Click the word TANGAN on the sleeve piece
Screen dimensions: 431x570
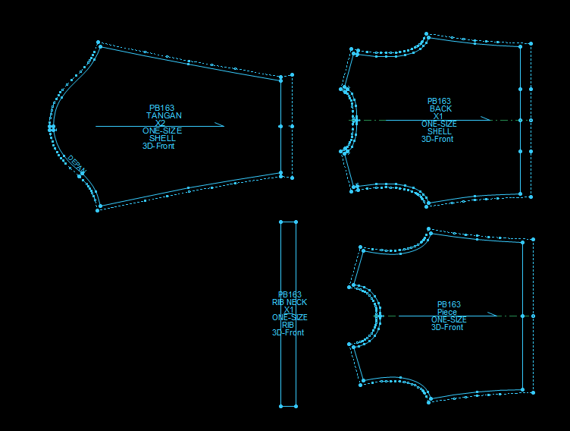point(164,115)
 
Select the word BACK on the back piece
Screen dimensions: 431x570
point(440,109)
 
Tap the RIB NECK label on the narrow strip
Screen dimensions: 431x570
point(290,302)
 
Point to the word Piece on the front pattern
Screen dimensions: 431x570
point(447,312)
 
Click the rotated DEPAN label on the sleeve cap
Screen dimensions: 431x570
point(77,164)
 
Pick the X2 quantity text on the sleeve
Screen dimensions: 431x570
point(160,123)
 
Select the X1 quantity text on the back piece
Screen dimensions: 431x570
point(438,116)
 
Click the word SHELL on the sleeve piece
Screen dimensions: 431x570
point(162,138)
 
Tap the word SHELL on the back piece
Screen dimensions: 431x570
point(439,131)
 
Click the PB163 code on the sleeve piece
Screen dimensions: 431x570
point(161,108)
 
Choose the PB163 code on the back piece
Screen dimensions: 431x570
point(439,101)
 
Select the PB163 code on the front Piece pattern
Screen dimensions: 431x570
point(449,304)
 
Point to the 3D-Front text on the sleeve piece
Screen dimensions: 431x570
point(158,146)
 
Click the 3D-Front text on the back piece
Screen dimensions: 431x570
point(437,139)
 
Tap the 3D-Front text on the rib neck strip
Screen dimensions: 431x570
point(288,332)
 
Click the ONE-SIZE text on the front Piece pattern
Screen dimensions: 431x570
point(449,319)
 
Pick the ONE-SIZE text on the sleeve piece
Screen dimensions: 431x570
point(162,131)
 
